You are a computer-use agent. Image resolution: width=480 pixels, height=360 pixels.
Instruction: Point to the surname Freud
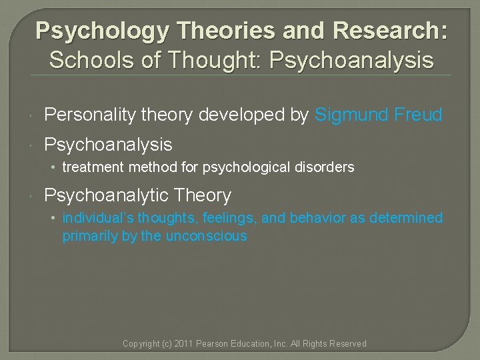click(x=417, y=115)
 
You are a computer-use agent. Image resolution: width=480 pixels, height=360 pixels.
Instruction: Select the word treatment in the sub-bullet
click(x=91, y=167)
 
